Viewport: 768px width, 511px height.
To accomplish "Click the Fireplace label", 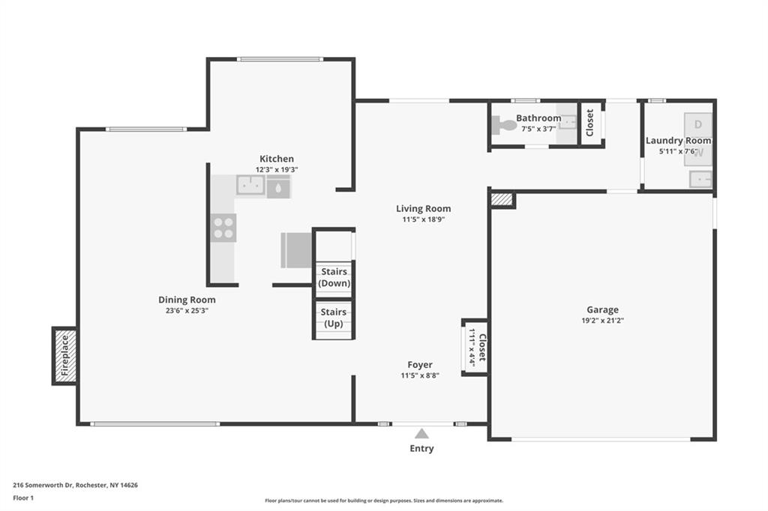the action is point(64,355).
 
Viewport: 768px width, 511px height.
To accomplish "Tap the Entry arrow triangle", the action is point(421,434).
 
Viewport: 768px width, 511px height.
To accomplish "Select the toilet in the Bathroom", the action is point(504,125).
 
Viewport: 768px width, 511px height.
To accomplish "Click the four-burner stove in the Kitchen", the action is point(223,228).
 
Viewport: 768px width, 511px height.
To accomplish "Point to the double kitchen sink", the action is point(250,185).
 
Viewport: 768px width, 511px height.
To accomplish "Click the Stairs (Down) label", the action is point(334,277).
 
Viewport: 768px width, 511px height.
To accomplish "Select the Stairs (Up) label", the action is point(334,318).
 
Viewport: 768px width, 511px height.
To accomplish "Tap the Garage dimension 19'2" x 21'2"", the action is point(602,321).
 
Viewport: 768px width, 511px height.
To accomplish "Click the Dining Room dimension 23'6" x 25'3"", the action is point(187,310).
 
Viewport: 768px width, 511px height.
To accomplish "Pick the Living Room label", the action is point(424,208).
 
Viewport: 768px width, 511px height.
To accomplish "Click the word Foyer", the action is point(420,365).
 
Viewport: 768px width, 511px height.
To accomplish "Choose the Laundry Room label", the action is point(678,141).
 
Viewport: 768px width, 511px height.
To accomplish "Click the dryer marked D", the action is point(698,125).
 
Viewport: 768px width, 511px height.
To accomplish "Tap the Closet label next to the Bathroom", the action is point(589,123).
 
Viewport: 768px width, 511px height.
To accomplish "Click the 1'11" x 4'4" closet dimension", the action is point(472,347).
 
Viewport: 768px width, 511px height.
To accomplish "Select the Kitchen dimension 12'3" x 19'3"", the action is point(277,170).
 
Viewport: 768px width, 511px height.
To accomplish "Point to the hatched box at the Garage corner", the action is point(502,199).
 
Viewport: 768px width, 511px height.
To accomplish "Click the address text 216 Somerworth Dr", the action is point(43,486).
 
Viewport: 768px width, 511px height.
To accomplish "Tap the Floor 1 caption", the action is point(23,498).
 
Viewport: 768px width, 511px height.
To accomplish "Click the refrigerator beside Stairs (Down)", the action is point(296,250).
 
